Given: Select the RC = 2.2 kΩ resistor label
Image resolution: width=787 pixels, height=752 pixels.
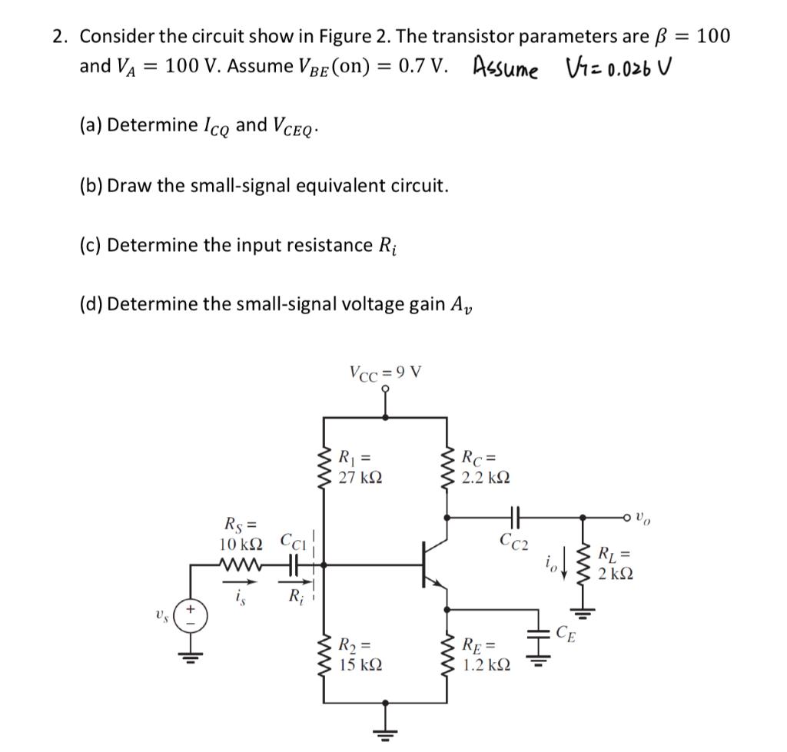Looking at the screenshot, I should pos(484,469).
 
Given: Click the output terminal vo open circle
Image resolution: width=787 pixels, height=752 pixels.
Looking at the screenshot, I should pos(653,517).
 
